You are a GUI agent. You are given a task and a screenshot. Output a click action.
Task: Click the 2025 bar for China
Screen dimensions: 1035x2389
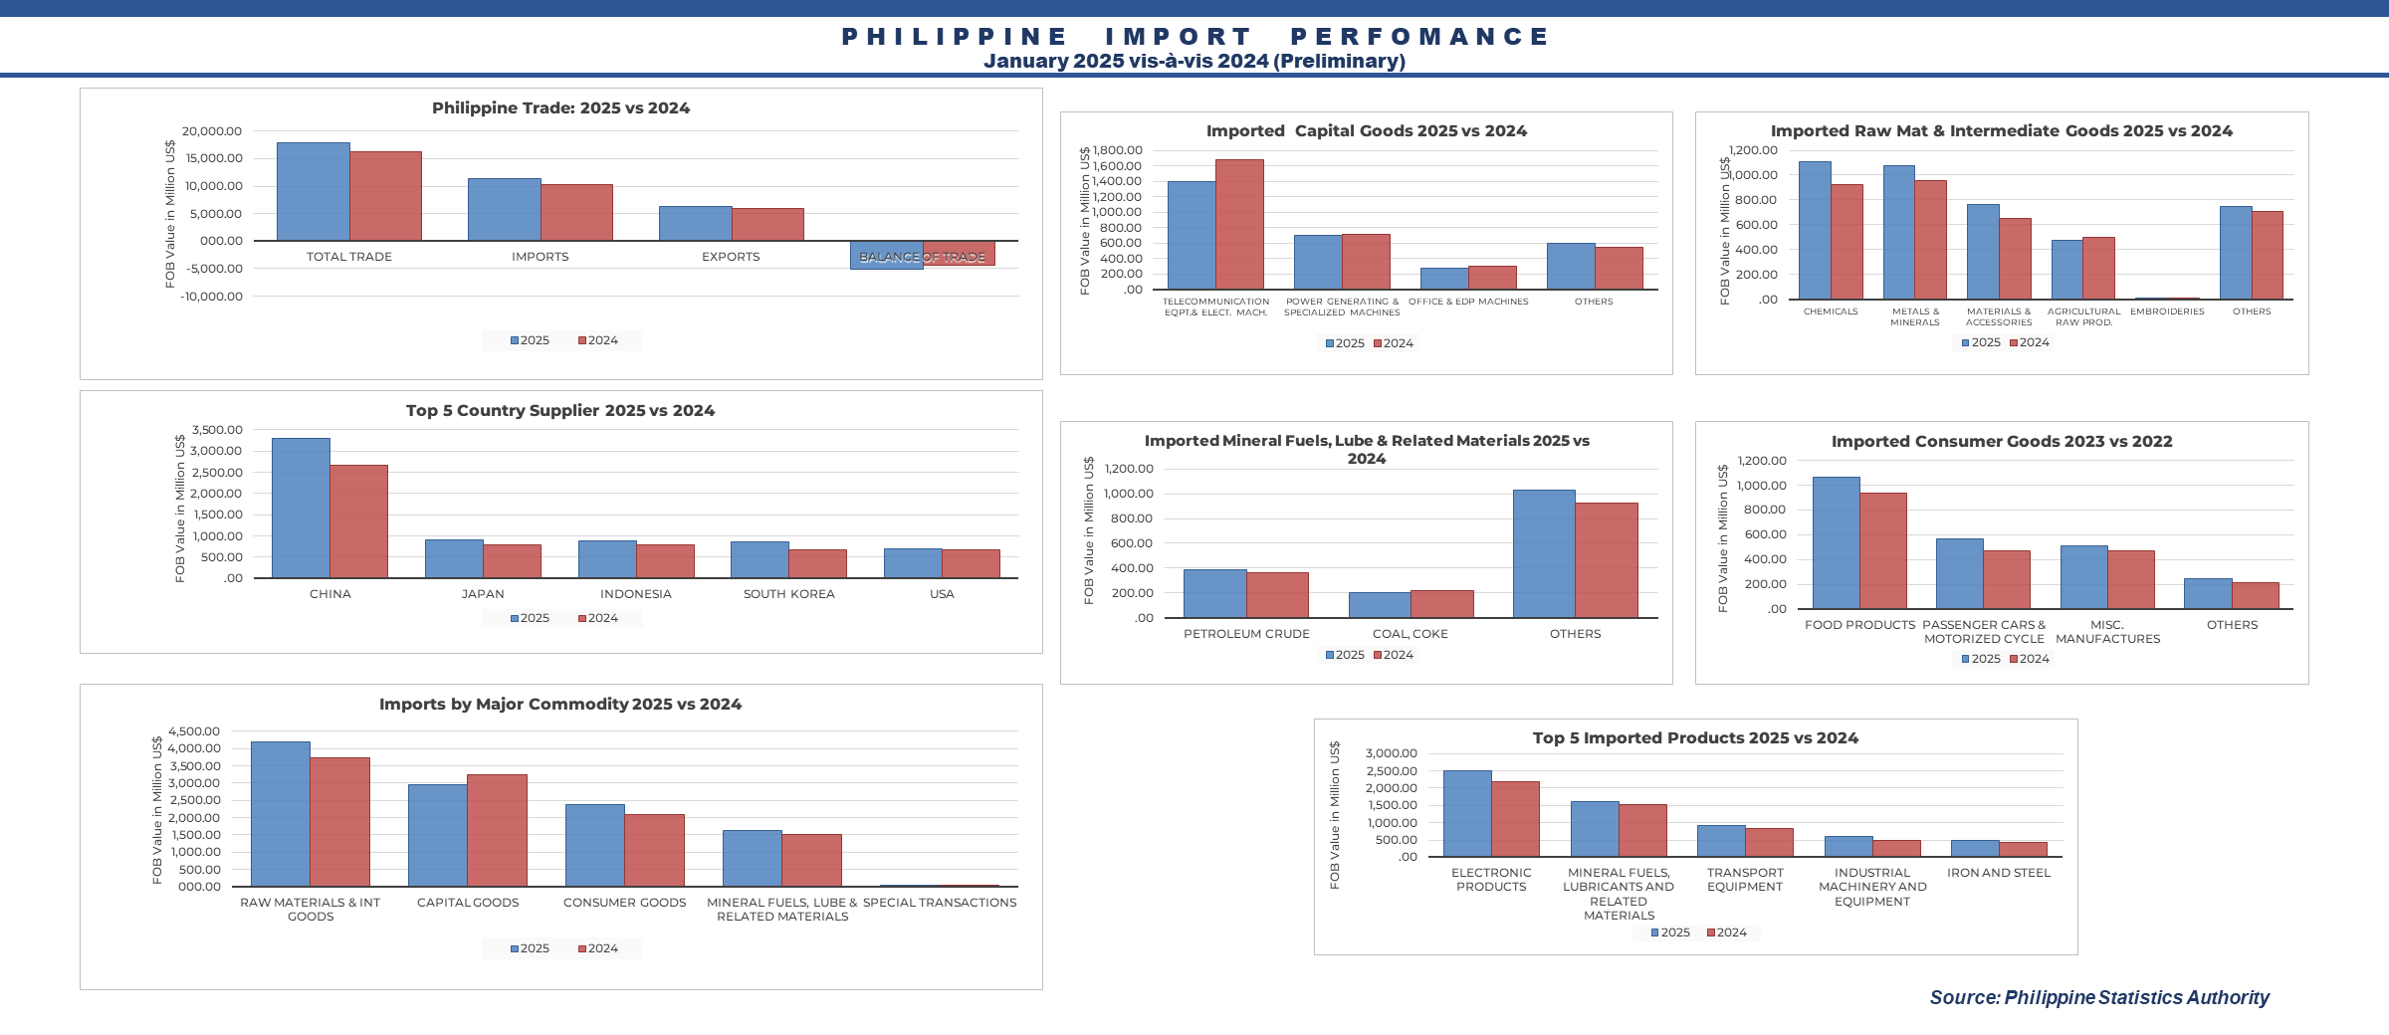coord(301,508)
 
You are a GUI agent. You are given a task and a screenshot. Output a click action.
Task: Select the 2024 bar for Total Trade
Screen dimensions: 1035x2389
coord(385,196)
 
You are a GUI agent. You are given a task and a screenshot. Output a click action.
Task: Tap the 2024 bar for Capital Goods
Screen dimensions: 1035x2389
coord(497,830)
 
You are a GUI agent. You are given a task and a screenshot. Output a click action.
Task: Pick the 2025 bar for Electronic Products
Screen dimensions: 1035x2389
coord(1467,813)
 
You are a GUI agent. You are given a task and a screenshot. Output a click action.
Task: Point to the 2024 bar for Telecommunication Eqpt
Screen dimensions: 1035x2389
coord(1239,225)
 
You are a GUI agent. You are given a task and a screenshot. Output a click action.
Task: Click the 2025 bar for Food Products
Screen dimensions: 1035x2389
coord(1836,542)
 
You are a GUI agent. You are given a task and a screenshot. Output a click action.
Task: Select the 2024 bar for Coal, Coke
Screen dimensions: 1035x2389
coord(1441,604)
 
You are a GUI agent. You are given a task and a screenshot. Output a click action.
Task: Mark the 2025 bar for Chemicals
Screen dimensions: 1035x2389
coord(1815,230)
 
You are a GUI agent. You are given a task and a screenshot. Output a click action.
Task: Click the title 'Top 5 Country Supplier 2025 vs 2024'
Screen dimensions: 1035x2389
coord(560,410)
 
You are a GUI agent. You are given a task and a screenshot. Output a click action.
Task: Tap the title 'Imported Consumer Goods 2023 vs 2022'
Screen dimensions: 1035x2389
coord(2002,441)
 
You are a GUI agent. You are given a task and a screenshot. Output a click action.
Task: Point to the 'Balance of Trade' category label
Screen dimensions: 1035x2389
coord(922,257)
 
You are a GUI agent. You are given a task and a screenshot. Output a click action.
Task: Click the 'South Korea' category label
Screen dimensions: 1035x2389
coord(788,594)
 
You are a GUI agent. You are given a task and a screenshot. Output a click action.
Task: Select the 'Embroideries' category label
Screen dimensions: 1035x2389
coord(2167,311)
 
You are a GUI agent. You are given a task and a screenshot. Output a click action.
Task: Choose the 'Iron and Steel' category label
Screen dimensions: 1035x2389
coord(1999,873)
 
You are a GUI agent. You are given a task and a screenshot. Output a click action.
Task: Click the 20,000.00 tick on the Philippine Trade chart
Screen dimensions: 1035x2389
coord(212,131)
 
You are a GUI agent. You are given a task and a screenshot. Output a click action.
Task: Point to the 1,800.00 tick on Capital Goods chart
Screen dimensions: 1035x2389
coord(1118,150)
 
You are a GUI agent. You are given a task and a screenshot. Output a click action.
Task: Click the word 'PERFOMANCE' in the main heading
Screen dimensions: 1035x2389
coord(1419,37)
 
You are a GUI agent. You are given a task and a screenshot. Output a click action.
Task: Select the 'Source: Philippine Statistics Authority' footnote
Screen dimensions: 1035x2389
coord(2099,997)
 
